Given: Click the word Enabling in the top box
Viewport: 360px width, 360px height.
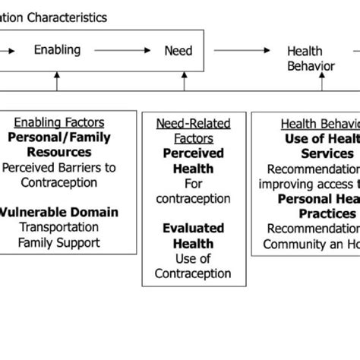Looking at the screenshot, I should coord(57,51).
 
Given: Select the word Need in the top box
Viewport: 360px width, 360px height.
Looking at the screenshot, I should coord(178,51).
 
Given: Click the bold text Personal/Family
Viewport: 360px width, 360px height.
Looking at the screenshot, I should coord(58,137).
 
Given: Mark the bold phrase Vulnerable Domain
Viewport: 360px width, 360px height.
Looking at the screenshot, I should coord(58,212).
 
